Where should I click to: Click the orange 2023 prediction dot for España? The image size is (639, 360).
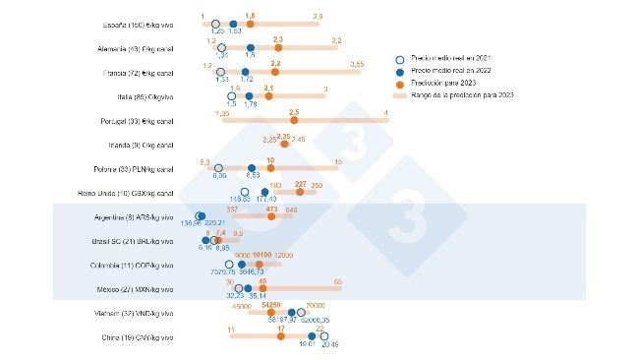pos(250,23)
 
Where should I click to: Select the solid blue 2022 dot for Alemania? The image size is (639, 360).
pos(250,47)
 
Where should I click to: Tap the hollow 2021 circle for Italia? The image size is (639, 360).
pos(232,95)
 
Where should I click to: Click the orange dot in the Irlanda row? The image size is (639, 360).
pos(284,144)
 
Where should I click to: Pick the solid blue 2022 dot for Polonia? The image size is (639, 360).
pos(253,168)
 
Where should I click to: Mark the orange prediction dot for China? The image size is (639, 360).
pos(281,336)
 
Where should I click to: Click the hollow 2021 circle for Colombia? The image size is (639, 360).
pos(229,265)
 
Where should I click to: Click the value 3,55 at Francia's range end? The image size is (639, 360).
pos(357,64)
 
